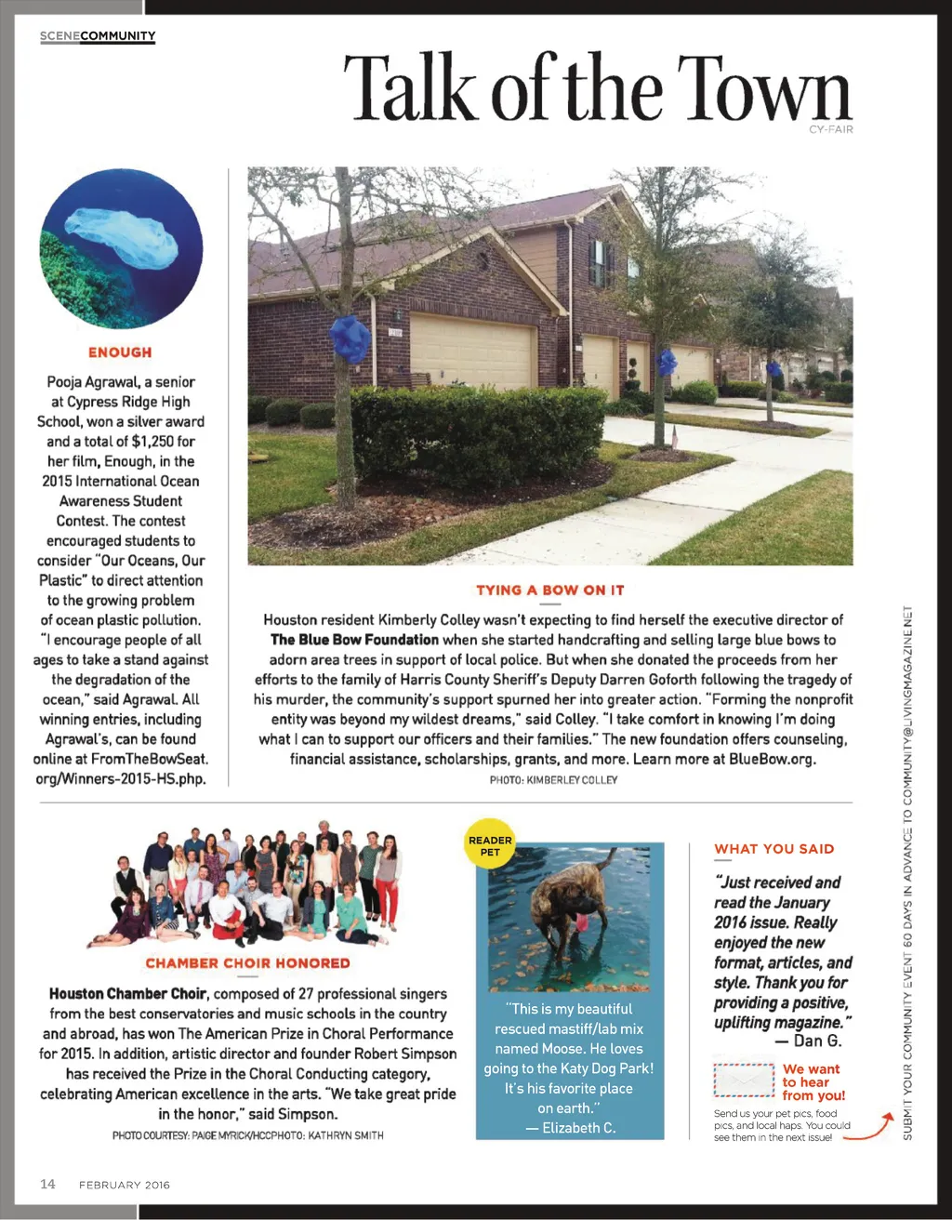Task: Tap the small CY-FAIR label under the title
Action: (830, 130)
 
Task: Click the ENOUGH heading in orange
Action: (120, 352)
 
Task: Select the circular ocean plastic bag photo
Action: (121, 248)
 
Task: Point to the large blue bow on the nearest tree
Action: (351, 338)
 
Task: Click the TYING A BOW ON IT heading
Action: (549, 590)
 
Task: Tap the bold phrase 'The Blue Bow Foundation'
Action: (354, 640)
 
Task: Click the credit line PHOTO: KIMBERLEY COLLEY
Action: (553, 780)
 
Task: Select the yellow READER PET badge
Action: (490, 845)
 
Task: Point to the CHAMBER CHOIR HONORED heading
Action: (247, 963)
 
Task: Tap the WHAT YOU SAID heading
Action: (773, 849)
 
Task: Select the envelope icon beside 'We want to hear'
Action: (744, 1081)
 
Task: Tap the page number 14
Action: (47, 1184)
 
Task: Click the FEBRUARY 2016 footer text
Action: (125, 1185)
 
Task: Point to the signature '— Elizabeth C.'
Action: (571, 1128)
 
